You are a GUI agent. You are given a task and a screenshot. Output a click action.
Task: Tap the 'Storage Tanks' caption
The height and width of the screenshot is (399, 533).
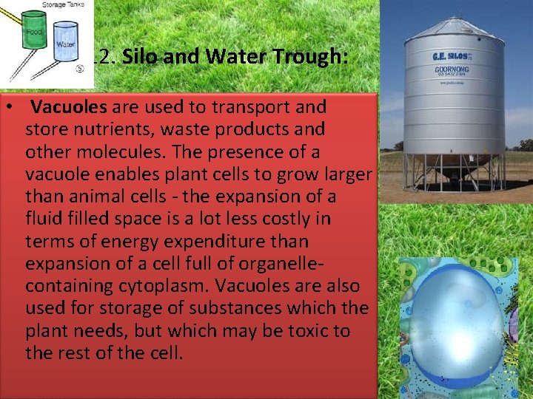click(62, 4)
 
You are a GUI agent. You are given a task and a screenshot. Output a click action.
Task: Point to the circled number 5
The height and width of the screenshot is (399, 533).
click(78, 71)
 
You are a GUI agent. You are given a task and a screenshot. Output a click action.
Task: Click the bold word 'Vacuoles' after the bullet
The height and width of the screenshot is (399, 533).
click(69, 107)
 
